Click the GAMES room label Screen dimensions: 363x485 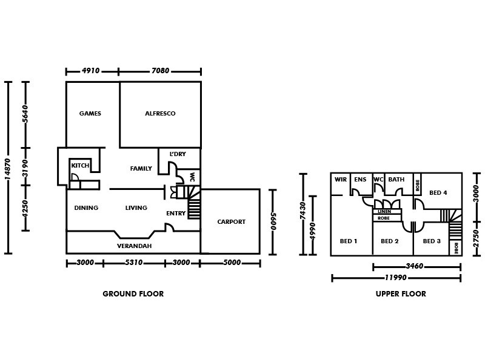[x=90, y=113]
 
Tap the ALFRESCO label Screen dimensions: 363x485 [x=160, y=113]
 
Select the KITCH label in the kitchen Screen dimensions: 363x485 [x=80, y=166]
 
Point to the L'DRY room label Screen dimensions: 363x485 [x=177, y=154]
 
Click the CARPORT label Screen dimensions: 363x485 [x=231, y=222]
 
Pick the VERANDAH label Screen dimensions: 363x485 [x=134, y=246]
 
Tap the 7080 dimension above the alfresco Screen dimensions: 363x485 [x=160, y=71]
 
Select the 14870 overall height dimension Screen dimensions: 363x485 [x=7, y=168]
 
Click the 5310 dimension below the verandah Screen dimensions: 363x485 [x=133, y=263]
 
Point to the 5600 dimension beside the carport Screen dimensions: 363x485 [x=273, y=222]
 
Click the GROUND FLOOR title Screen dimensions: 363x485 [x=133, y=294]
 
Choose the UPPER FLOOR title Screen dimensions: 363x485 [x=401, y=294]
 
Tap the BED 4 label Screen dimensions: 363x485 [x=438, y=193]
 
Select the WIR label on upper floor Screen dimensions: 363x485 [x=340, y=180]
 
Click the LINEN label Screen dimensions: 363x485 [x=384, y=212]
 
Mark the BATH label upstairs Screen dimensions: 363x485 [x=396, y=180]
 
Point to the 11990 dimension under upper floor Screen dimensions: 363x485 [x=396, y=278]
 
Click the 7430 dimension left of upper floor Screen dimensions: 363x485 [x=301, y=214]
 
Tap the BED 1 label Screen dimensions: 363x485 [x=348, y=241]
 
